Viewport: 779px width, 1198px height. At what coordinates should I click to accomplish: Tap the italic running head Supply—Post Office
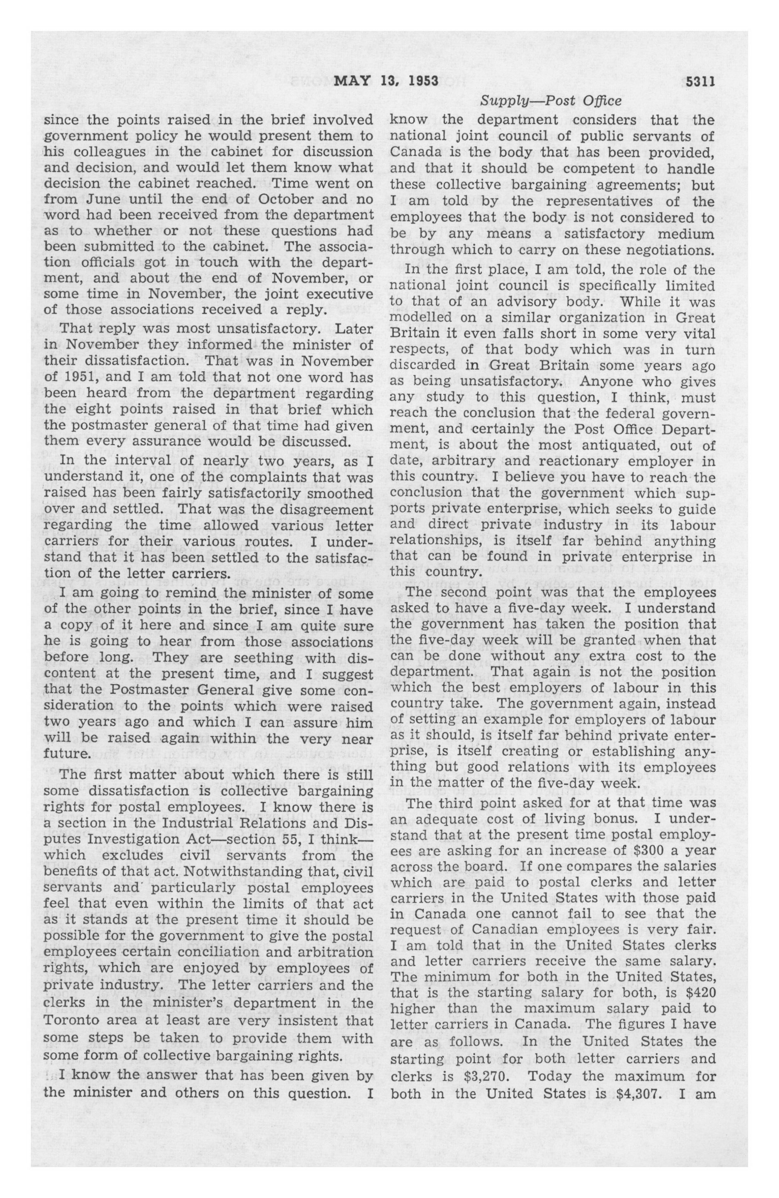[550, 101]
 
